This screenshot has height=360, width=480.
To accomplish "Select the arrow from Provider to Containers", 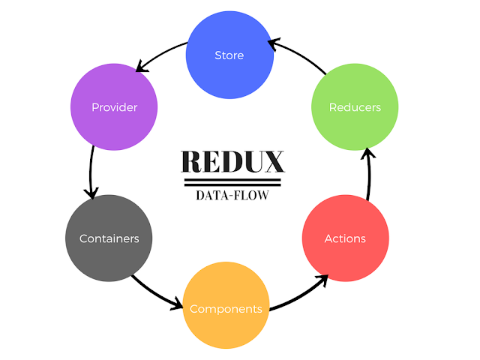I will point(91,171).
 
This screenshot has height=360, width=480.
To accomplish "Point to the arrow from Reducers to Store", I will point(298,55).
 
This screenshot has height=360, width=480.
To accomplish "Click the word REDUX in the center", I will point(232,162).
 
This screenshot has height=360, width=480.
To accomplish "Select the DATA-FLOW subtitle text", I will point(232,196).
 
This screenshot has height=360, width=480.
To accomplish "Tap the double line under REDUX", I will point(232,181).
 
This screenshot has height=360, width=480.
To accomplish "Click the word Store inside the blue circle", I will point(229,55).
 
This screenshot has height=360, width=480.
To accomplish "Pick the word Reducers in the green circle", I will point(355,107).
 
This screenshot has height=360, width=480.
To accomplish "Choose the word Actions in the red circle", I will point(345,238).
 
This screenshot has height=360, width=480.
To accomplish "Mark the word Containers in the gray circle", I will point(109,238).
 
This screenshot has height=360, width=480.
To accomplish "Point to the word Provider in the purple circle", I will point(114,107).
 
